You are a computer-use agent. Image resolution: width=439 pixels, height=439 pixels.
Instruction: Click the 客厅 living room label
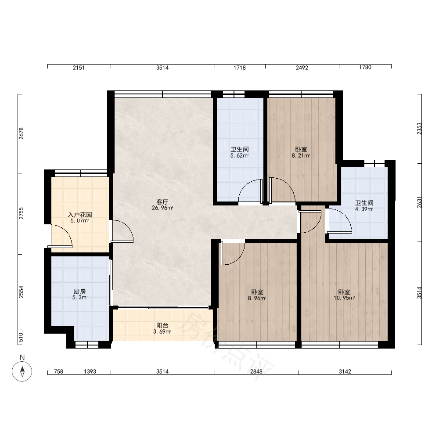[162, 202]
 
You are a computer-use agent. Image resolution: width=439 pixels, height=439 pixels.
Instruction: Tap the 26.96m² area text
[162, 208]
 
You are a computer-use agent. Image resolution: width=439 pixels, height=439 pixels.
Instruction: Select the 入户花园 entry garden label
[80, 215]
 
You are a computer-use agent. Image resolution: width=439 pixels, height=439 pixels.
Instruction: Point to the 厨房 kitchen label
[80, 291]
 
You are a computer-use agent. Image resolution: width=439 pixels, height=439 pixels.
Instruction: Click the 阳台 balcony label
[162, 325]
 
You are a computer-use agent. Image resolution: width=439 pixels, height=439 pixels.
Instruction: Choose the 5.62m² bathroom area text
[239, 156]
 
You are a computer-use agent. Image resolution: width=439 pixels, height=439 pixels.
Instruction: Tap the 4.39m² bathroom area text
[364, 209]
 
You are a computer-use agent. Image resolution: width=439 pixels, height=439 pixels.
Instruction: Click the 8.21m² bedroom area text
[301, 156]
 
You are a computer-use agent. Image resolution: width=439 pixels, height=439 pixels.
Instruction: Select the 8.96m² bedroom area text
[257, 299]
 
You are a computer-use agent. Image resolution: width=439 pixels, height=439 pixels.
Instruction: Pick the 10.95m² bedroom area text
[344, 298]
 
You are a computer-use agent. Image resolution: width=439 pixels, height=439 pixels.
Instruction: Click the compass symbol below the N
[22, 371]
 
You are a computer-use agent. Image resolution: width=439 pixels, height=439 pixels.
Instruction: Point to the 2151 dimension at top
[79, 68]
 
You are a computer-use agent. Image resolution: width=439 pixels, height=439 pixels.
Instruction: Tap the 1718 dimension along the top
[240, 68]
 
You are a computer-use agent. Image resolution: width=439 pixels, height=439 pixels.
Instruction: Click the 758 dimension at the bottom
[58, 371]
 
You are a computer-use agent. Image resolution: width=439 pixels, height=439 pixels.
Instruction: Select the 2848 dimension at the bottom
[256, 371]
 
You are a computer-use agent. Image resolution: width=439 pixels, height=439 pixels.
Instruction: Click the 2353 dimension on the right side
[419, 129]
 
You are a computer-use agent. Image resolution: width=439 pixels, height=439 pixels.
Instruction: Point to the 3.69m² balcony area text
[162, 332]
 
